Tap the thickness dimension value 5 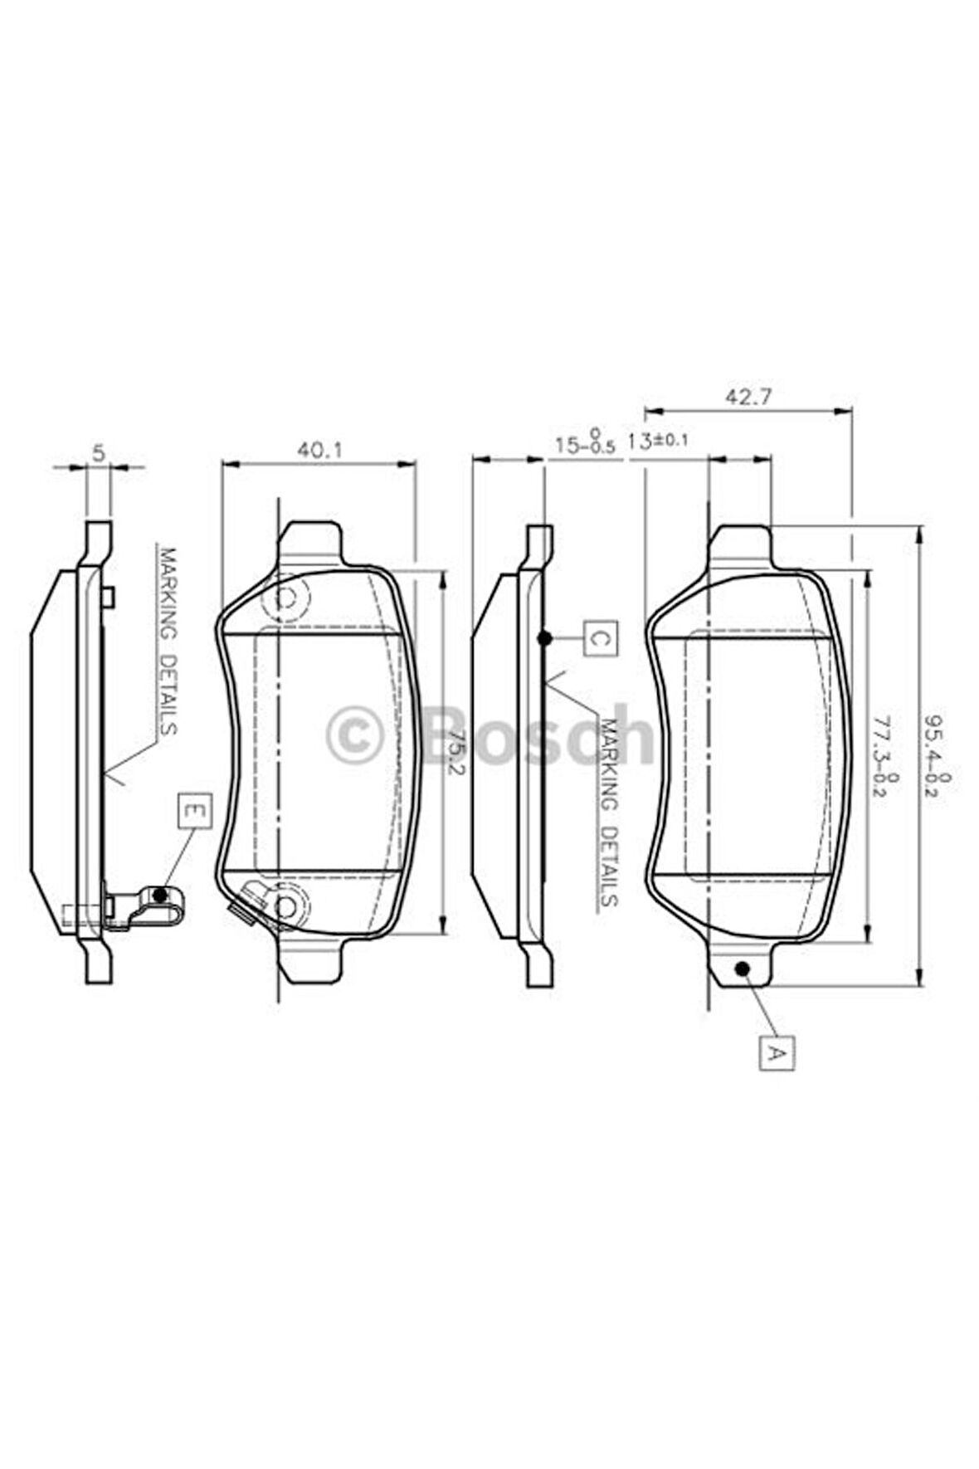98,452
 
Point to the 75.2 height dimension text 452,751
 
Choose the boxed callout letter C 601,638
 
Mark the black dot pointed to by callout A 742,969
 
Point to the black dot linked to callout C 544,638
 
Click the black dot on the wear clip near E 161,894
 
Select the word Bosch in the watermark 538,735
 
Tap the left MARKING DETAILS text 167,640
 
